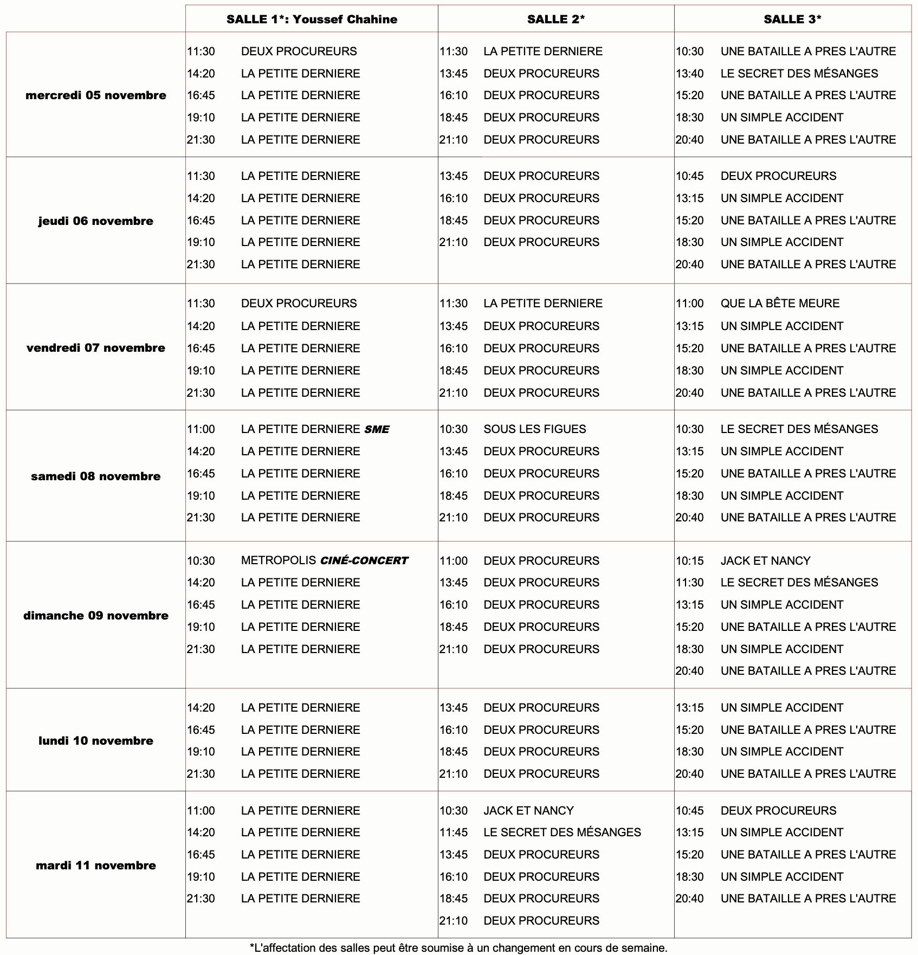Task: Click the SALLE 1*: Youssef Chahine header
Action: click(x=312, y=20)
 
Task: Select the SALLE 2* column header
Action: click(x=556, y=20)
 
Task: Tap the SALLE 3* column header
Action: click(x=792, y=20)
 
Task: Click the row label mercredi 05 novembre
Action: click(x=96, y=95)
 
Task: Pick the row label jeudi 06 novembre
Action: click(x=96, y=221)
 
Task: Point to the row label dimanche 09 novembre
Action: click(x=96, y=616)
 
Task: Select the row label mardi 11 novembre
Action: click(x=96, y=866)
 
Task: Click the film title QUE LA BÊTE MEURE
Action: click(x=780, y=304)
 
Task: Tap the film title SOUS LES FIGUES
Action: click(x=535, y=429)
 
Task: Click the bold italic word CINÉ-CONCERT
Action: click(x=364, y=561)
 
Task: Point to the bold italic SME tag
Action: click(x=377, y=430)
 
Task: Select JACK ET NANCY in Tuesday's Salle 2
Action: click(x=528, y=811)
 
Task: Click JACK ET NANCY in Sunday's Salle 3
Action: click(x=765, y=560)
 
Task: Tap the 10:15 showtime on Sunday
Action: click(x=689, y=560)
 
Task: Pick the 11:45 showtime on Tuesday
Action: click(x=454, y=833)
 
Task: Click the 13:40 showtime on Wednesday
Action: click(x=689, y=74)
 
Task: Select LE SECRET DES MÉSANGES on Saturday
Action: click(x=799, y=429)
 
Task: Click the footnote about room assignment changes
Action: click(x=458, y=948)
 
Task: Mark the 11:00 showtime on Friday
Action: click(x=689, y=304)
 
